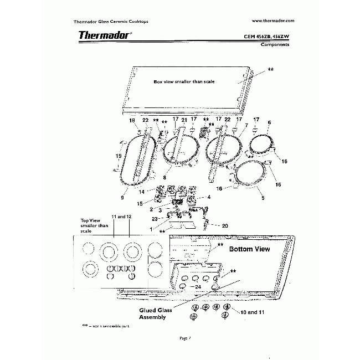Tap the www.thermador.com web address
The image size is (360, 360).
272,20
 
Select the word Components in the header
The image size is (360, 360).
275,44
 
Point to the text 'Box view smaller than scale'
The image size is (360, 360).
184,81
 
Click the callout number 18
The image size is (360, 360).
132,120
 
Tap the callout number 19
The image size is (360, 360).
117,156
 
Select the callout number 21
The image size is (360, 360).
184,120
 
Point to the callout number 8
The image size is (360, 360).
164,177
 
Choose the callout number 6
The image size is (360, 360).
269,122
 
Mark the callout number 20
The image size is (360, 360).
224,225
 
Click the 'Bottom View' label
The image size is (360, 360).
250,249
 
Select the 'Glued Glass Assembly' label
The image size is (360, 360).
155,313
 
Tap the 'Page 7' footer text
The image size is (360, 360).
185,337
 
